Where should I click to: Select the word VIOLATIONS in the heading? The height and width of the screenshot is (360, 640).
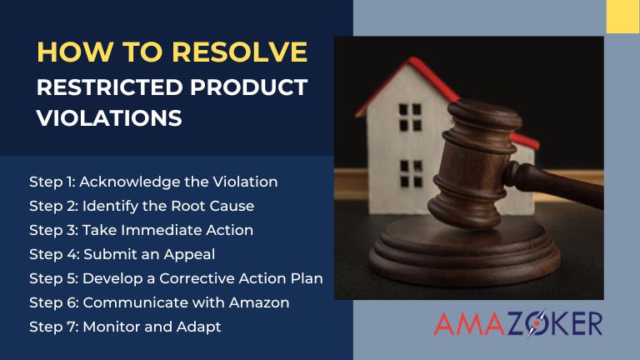(109, 118)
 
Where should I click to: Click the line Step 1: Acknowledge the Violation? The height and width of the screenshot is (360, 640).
(152, 181)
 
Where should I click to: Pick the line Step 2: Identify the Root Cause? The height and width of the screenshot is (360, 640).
(141, 205)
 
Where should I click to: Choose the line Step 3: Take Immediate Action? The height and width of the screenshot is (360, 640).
(140, 229)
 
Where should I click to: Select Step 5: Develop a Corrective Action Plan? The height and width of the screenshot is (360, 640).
(175, 277)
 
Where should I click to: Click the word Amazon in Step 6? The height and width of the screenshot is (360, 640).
(262, 302)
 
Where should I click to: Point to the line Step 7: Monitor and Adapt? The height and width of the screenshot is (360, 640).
(124, 327)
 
